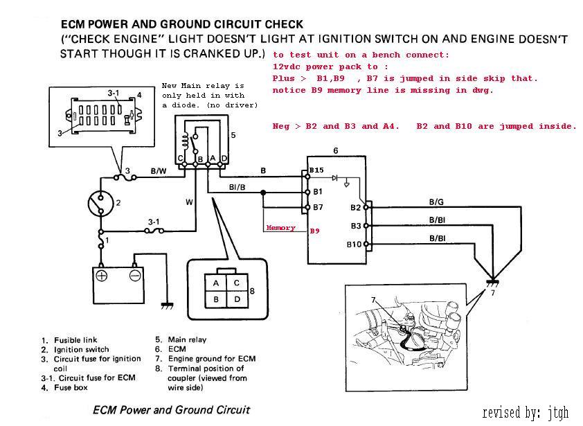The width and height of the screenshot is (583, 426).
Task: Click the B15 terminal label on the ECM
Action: [x=316, y=170]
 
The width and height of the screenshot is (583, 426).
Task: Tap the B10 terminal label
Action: [x=353, y=245]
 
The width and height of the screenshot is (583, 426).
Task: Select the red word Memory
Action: [x=280, y=228]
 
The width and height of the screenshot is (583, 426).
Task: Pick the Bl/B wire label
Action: [x=236, y=187]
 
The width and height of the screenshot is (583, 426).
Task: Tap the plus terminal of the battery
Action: [x=102, y=275]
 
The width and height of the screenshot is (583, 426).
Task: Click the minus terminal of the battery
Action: [x=135, y=275]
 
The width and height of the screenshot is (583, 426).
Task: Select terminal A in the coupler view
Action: [x=217, y=283]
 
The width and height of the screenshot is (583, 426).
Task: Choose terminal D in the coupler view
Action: [x=237, y=299]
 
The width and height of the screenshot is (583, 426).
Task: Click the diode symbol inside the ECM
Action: [x=335, y=177]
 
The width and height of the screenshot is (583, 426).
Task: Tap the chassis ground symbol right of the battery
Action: [x=166, y=304]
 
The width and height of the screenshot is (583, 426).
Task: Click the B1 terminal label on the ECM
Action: [x=318, y=191]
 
